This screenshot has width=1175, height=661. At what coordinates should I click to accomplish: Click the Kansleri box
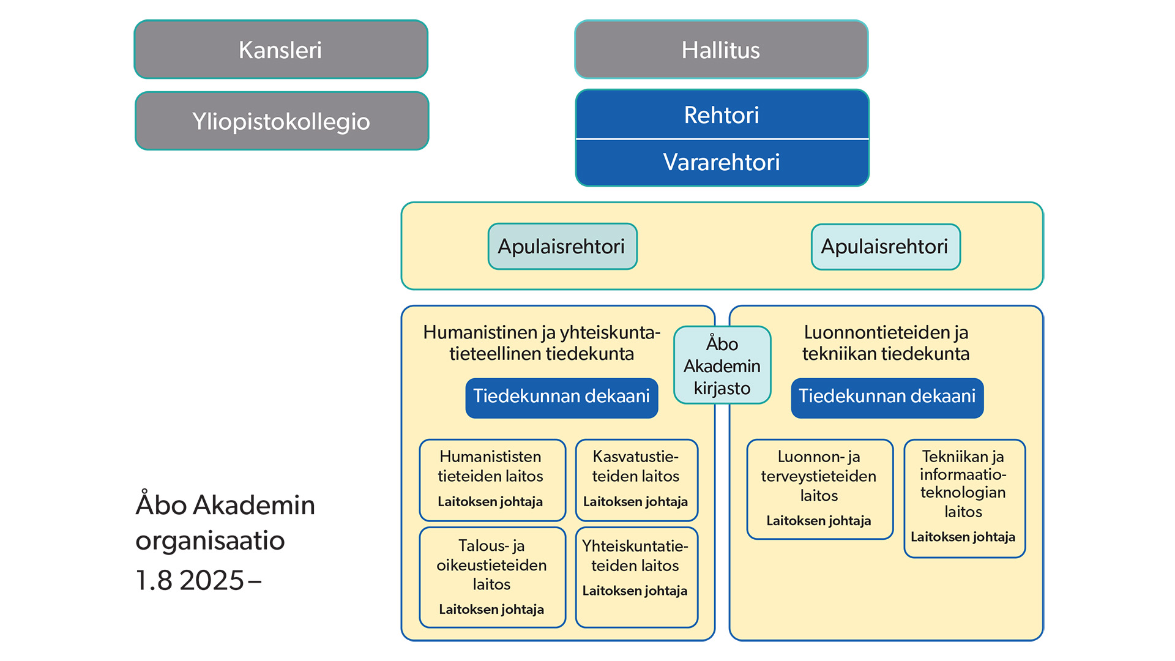pyautogui.click(x=281, y=50)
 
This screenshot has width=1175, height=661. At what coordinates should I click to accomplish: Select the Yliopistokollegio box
pyautogui.click(x=282, y=121)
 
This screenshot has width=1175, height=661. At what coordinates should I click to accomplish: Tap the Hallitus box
pyautogui.click(x=721, y=50)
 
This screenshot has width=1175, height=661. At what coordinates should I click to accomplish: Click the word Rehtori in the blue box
pyautogui.click(x=722, y=115)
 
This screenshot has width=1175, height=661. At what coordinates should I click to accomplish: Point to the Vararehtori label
pyautogui.click(x=722, y=162)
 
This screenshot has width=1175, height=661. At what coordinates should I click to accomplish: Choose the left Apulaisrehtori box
pyautogui.click(x=562, y=247)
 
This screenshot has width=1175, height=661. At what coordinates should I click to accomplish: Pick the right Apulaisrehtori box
pyautogui.click(x=885, y=247)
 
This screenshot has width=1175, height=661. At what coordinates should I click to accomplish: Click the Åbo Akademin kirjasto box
pyautogui.click(x=722, y=365)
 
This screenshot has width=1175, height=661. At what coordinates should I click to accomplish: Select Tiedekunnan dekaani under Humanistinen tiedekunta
pyautogui.click(x=561, y=397)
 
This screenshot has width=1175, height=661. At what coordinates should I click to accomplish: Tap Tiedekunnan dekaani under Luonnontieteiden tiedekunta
pyautogui.click(x=887, y=397)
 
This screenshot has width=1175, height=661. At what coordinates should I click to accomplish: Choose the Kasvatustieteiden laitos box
pyautogui.click(x=636, y=479)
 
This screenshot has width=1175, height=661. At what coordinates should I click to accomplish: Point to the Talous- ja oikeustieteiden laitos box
pyautogui.click(x=491, y=577)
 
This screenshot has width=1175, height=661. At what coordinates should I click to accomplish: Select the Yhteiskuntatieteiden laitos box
pyautogui.click(x=636, y=577)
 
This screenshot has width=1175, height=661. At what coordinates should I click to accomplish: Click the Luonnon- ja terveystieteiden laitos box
pyautogui.click(x=819, y=488)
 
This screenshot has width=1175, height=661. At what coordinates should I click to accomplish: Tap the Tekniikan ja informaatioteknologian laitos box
pyautogui.click(x=964, y=498)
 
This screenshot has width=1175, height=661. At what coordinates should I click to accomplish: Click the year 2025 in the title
pyautogui.click(x=212, y=580)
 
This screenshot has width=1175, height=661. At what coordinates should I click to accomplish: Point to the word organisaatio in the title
pyautogui.click(x=210, y=541)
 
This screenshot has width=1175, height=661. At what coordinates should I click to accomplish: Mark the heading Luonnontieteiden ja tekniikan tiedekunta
pyautogui.click(x=886, y=343)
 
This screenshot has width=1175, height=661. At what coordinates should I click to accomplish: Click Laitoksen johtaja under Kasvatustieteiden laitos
pyautogui.click(x=635, y=502)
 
